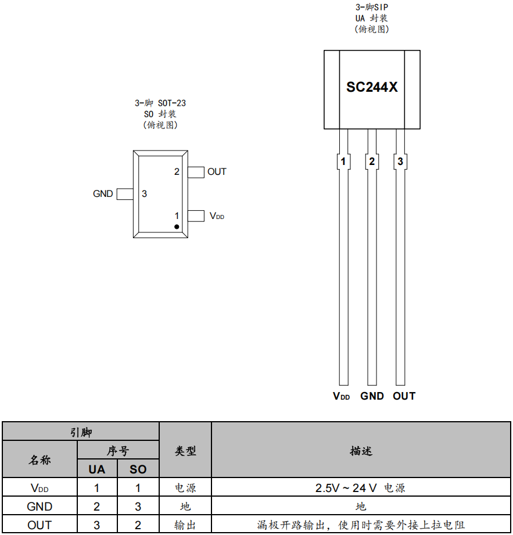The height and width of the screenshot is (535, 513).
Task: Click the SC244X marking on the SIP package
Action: (372, 87)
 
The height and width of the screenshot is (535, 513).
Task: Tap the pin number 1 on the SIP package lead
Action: (343, 161)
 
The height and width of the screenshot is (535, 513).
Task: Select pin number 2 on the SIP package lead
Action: (372, 161)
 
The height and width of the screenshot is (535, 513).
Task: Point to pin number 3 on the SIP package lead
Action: (400, 161)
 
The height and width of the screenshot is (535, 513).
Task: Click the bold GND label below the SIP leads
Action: (372, 396)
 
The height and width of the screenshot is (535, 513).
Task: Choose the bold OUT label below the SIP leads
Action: (404, 396)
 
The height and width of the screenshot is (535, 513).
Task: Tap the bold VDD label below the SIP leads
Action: (341, 396)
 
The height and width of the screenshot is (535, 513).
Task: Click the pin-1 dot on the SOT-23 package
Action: (177, 227)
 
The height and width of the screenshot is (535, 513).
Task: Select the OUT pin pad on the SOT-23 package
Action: (196, 172)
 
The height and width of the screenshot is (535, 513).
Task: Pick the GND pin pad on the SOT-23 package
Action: (125, 194)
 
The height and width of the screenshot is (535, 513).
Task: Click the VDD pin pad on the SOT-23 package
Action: (196, 216)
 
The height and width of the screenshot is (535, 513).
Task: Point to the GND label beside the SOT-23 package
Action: (103, 194)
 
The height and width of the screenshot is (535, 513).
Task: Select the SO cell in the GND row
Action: (138, 507)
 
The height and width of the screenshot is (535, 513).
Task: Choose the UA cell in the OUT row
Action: (96, 525)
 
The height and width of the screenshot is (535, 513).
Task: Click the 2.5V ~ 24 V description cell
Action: (360, 488)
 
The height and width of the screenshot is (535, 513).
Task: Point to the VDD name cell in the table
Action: (40, 488)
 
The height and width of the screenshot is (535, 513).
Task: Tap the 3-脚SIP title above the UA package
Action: (372, 8)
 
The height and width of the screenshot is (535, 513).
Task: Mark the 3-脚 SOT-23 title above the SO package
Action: (160, 103)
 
